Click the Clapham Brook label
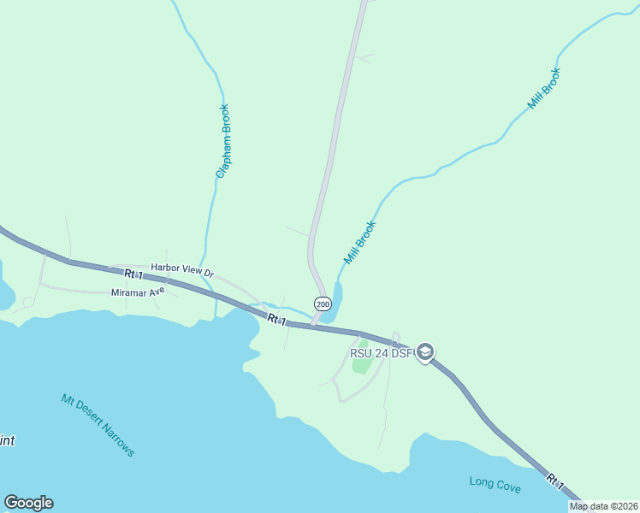(x=222, y=141)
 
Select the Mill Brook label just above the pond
(x=360, y=243)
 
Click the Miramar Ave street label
(x=137, y=292)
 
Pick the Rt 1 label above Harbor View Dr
(x=132, y=274)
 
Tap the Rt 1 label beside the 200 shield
(x=276, y=319)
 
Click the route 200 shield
(x=322, y=304)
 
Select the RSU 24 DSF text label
(x=381, y=352)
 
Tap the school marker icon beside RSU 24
(x=425, y=352)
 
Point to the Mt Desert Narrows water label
(x=98, y=425)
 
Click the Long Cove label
(x=495, y=484)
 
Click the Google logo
(x=28, y=503)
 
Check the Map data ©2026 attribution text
(x=604, y=506)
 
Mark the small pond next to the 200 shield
(x=335, y=301)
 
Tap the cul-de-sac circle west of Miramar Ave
(x=28, y=302)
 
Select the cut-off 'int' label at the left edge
(x=7, y=441)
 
